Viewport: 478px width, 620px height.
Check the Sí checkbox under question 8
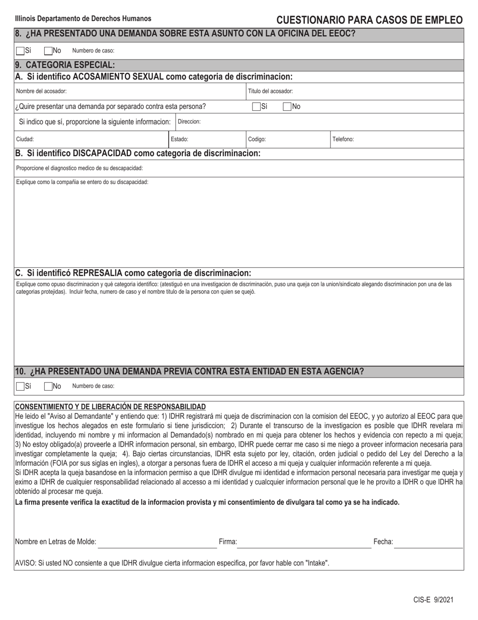(20, 50)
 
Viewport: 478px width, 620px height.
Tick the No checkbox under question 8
(48, 50)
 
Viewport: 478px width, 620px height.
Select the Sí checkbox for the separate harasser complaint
(256, 106)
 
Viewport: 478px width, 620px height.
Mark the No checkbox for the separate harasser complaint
(287, 106)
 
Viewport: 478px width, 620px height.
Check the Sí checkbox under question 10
(20, 386)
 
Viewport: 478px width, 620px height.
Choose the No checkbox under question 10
(48, 386)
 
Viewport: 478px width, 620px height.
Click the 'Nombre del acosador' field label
(41, 91)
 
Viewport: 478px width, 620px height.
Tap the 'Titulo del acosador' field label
(270, 91)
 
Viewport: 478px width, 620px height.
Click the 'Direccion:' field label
(189, 122)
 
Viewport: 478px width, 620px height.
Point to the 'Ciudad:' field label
(25, 139)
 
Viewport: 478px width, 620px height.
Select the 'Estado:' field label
(180, 139)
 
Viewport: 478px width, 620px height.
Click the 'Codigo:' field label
(257, 139)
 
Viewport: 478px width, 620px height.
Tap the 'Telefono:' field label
(343, 139)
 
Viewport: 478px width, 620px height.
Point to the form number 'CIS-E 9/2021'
(433, 599)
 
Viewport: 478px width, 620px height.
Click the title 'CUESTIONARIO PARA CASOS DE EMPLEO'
(369, 20)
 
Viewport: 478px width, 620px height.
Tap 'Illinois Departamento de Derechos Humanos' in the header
(83, 19)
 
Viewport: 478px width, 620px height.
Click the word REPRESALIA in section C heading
(98, 273)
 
